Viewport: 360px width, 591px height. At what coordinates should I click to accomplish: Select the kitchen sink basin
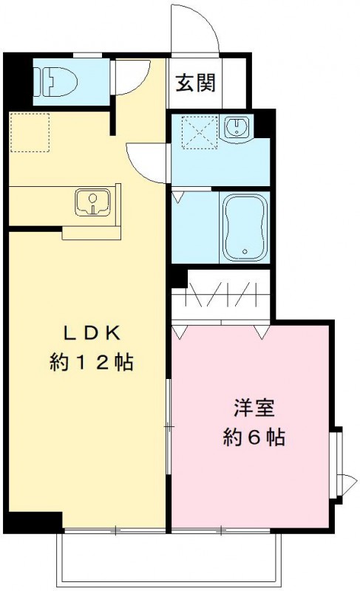92,201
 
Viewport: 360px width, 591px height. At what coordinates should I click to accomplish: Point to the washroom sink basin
237,127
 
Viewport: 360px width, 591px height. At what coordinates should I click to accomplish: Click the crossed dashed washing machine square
196,133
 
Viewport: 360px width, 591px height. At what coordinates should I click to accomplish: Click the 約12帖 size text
92,363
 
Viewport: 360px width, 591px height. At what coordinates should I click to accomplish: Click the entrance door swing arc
194,26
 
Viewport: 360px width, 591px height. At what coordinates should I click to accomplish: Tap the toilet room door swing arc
132,77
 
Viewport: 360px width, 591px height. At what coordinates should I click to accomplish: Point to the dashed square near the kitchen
30,132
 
